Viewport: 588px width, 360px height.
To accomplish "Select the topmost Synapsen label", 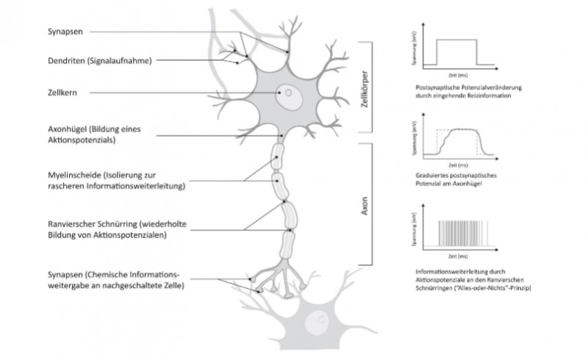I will (62, 31).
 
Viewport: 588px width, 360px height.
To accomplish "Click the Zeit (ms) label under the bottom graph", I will (458, 258).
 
